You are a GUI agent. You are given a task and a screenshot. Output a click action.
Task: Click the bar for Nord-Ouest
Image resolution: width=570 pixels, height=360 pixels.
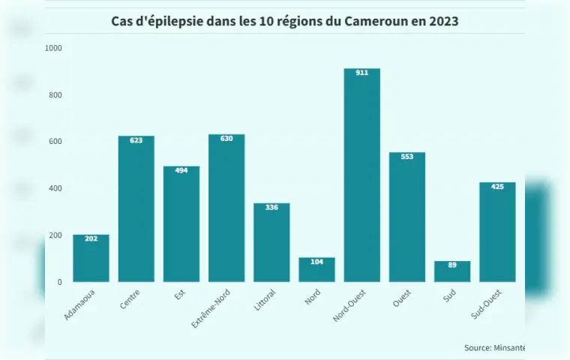[361, 175]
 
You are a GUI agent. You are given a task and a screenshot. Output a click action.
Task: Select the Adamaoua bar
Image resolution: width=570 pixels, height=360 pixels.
[91, 259]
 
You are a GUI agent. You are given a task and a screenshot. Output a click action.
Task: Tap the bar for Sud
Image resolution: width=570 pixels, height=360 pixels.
[452, 271]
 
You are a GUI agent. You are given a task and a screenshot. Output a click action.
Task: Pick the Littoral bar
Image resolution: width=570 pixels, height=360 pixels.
[271, 243]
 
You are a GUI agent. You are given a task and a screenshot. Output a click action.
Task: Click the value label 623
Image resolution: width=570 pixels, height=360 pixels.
[136, 140]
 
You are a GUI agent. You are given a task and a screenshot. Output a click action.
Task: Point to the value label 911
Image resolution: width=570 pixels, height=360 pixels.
[361, 73]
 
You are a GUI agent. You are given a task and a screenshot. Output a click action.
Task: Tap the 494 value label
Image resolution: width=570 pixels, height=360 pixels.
[181, 170]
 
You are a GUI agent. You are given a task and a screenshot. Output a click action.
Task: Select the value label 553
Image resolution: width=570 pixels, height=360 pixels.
[407, 157]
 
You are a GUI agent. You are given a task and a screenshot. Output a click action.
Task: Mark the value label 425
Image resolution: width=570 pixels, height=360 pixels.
[497, 187]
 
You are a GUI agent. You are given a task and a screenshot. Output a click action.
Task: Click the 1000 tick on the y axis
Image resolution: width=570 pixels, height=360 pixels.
[54, 48]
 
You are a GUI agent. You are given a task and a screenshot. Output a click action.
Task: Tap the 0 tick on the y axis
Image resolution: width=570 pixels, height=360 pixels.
[59, 283]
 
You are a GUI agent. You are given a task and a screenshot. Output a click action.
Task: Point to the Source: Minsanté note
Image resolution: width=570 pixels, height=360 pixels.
[494, 348]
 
